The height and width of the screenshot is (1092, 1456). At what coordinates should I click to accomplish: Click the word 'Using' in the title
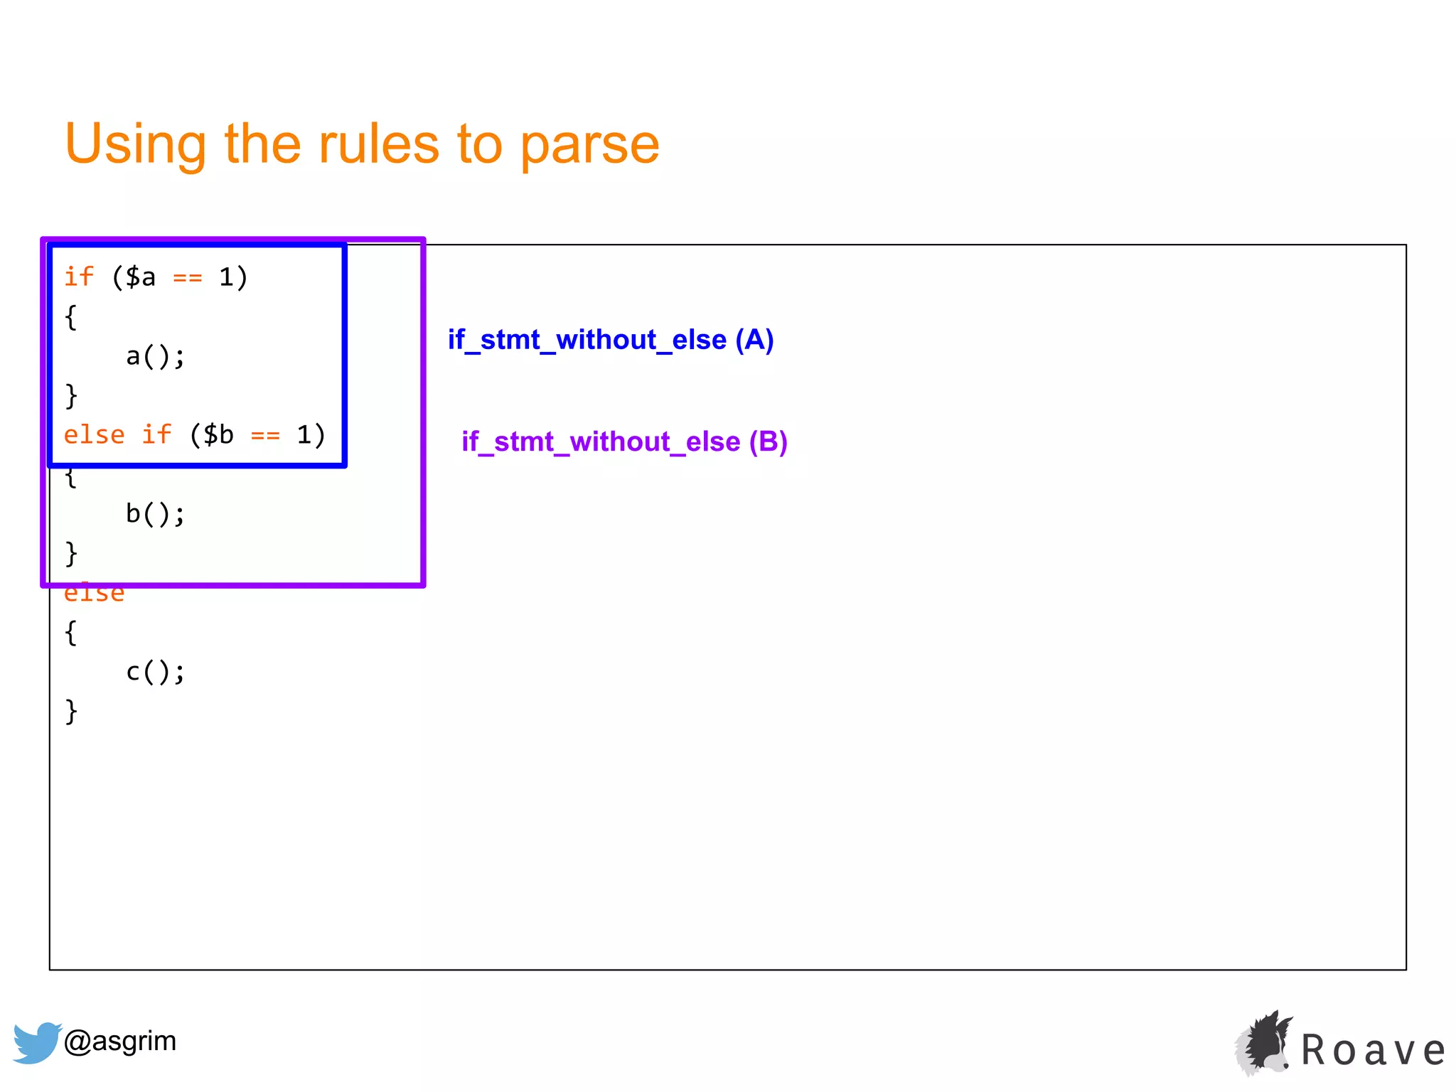click(x=135, y=144)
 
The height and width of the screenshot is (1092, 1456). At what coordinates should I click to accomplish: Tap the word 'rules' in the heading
click(x=378, y=144)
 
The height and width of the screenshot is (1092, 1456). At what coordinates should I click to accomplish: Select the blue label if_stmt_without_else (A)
click(x=610, y=340)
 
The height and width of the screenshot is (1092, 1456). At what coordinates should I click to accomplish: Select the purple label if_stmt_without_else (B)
click(x=624, y=441)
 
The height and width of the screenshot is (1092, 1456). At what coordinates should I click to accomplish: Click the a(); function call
click(x=155, y=356)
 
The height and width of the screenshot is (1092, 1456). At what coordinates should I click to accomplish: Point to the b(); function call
click(x=155, y=513)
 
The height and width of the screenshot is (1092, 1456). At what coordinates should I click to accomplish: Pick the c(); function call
click(x=155, y=671)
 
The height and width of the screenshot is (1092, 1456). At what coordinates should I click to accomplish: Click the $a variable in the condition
click(x=140, y=277)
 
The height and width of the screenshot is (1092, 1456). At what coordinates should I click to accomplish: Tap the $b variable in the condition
click(x=218, y=434)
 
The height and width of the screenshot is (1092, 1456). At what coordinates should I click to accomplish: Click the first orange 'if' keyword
click(x=79, y=277)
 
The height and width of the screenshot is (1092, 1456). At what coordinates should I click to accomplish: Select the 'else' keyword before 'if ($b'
click(x=94, y=434)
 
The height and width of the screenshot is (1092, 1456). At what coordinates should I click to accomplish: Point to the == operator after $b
click(x=265, y=435)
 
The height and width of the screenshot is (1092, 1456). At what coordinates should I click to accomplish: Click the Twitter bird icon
click(x=36, y=1042)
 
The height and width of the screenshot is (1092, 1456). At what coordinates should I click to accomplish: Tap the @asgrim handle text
click(x=119, y=1041)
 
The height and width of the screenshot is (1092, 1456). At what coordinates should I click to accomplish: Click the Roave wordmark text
click(x=1373, y=1050)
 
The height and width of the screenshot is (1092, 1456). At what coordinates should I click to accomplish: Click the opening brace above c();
click(x=70, y=632)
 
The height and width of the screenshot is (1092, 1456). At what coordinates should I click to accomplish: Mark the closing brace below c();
click(x=70, y=710)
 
